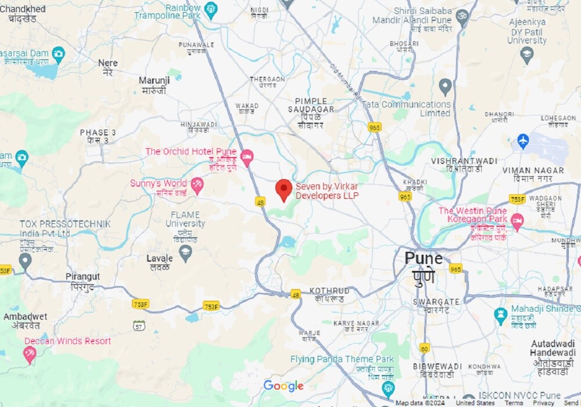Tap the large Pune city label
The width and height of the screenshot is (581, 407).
(x=424, y=259)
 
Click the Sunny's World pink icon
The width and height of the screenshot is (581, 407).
(x=198, y=185)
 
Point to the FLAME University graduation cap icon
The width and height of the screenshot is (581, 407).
(x=185, y=252)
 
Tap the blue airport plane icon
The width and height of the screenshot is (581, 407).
(x=523, y=141)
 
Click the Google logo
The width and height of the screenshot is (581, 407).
(x=284, y=386)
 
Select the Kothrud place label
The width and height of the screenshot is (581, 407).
(x=329, y=291)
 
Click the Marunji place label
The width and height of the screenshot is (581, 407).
(x=153, y=80)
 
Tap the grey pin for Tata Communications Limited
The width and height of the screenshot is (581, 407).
(x=445, y=87)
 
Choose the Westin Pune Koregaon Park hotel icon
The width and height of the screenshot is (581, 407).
(x=517, y=220)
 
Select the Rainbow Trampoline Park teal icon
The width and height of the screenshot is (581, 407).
(x=210, y=9)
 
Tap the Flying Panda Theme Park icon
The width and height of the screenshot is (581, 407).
(x=388, y=388)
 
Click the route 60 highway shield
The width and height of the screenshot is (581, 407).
(x=425, y=348)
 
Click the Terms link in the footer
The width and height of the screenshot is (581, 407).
(x=514, y=403)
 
